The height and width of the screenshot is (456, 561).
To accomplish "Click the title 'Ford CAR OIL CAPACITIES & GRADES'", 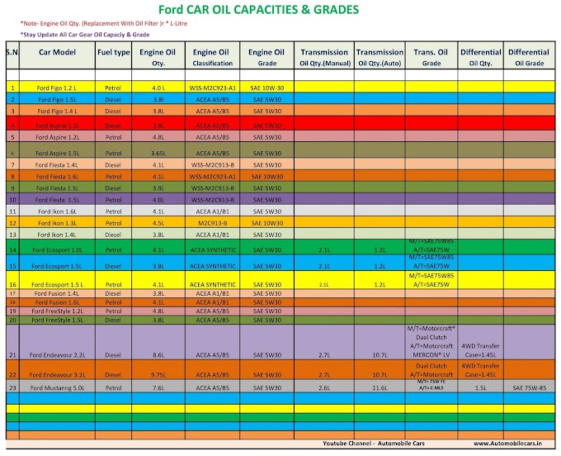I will [x=281, y=10].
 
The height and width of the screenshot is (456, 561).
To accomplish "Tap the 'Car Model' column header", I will [x=57, y=52].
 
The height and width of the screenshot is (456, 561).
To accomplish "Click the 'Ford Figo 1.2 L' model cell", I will [x=57, y=87].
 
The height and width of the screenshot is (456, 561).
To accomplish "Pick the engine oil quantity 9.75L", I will [x=159, y=374].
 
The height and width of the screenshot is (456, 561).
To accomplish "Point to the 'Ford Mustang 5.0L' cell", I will [x=57, y=387].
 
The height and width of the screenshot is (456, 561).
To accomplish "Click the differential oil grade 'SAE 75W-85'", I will [x=530, y=387].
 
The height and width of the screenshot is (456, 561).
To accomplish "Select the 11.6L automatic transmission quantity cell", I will [x=379, y=387].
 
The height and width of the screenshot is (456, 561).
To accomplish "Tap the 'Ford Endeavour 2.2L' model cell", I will [x=57, y=355].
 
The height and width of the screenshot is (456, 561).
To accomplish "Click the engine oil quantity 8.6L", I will [x=159, y=355].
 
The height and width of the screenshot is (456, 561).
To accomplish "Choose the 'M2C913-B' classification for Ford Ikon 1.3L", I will [x=213, y=222].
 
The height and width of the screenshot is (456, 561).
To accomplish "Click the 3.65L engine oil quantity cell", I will [x=159, y=154].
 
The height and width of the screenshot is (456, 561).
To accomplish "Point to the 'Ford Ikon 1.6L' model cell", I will [x=57, y=211].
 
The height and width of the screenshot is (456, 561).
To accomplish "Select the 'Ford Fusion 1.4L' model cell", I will [x=57, y=293].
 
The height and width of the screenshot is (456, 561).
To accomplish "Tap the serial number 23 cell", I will [x=12, y=387].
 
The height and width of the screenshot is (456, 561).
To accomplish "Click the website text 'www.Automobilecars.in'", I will [x=515, y=443].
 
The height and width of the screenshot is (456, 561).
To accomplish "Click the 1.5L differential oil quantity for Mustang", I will [x=480, y=387].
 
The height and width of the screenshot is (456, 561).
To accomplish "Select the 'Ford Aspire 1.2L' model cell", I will [x=57, y=136].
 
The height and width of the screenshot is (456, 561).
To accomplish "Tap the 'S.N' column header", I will [x=12, y=52].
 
